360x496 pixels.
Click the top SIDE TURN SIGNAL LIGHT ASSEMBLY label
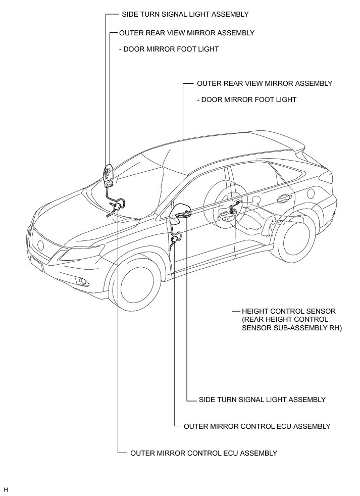[185, 15]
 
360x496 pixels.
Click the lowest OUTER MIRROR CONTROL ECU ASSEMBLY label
[203, 453]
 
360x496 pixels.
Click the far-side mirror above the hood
[108, 172]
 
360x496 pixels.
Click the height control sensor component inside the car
[233, 207]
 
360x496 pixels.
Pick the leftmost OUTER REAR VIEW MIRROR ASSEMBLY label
[186, 32]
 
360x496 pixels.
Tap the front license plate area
[36, 263]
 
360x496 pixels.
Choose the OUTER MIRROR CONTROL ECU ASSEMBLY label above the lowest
[257, 426]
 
